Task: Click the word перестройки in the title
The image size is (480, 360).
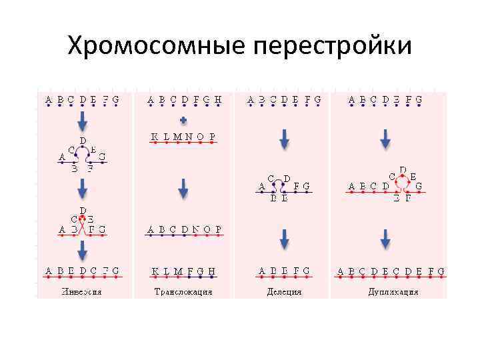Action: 332,46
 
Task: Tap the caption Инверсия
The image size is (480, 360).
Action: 81,291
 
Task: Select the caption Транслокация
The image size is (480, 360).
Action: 183,291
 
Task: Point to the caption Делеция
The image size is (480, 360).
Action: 284,291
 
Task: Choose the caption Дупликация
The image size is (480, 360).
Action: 393,291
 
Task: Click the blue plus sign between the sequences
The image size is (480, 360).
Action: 183,121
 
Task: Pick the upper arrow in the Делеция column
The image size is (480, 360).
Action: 284,138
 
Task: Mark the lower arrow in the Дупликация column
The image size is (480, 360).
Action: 385,238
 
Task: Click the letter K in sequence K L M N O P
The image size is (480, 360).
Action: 155,137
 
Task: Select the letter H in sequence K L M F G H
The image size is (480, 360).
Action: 213,271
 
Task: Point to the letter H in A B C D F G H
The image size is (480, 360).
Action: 218,100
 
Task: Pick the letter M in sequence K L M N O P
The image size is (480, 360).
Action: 178,137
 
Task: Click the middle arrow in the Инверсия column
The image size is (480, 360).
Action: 82,191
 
